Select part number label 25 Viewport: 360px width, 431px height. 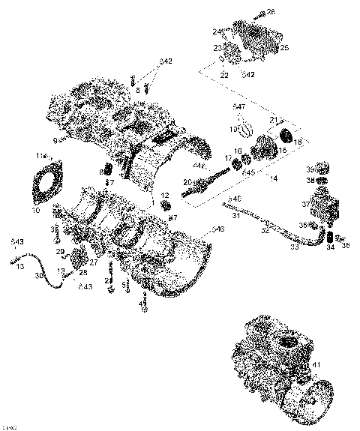(284, 48)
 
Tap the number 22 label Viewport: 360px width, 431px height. (224, 75)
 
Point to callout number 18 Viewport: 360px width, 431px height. (298, 141)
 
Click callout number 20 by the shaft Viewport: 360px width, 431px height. (187, 182)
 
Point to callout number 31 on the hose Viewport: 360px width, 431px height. (235, 216)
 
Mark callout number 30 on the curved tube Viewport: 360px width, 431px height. (38, 277)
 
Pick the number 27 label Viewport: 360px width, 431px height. (94, 262)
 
